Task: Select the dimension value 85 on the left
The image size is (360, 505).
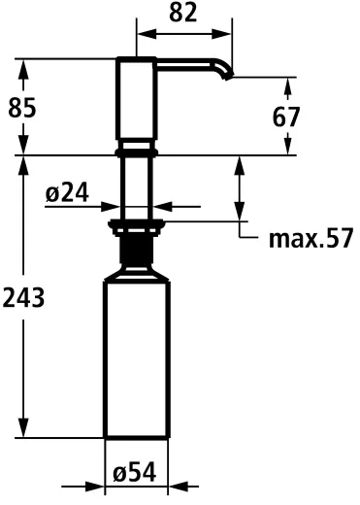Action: [x=21, y=108]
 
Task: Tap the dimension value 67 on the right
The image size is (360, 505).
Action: [x=285, y=117]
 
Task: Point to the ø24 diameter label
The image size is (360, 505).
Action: [x=67, y=194]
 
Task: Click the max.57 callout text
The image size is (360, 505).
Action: [x=311, y=238]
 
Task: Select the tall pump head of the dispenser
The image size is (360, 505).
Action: [x=136, y=102]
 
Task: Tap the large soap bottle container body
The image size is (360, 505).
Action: [x=136, y=359]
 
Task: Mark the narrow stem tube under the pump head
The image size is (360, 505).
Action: [x=136, y=185]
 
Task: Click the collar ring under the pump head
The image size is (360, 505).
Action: [x=136, y=151]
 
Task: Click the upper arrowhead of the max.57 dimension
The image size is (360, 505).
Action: [x=240, y=162]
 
